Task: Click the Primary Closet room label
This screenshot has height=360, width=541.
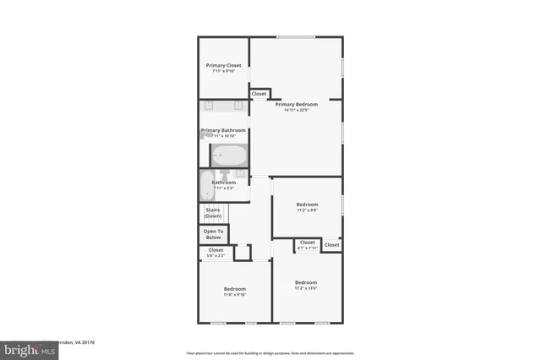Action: pyautogui.click(x=223, y=65)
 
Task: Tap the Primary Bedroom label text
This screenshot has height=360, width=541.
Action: pyautogui.click(x=296, y=104)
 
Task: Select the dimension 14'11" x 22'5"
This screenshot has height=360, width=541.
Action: pyautogui.click(x=296, y=110)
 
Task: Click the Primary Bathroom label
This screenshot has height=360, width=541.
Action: pyautogui.click(x=223, y=130)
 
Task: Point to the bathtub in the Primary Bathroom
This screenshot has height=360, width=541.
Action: pyautogui.click(x=228, y=155)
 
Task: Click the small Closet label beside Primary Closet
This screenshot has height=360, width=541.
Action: pyautogui.click(x=259, y=94)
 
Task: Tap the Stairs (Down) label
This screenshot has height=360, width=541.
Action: pyautogui.click(x=213, y=213)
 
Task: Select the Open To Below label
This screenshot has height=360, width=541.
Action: pyautogui.click(x=214, y=234)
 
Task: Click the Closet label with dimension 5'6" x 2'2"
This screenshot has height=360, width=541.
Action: pyautogui.click(x=216, y=250)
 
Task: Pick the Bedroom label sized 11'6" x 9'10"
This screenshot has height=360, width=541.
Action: pyautogui.click(x=234, y=289)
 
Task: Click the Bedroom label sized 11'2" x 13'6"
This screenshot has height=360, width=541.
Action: pyautogui.click(x=305, y=282)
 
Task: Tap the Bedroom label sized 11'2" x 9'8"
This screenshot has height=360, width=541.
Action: pyautogui.click(x=307, y=205)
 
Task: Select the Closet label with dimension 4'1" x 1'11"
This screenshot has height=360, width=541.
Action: pyautogui.click(x=307, y=243)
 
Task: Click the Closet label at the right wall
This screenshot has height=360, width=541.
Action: pyautogui.click(x=331, y=245)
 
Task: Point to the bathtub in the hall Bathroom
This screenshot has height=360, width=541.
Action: pyautogui.click(x=207, y=185)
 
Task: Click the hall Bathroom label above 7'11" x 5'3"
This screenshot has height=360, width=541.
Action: pyautogui.click(x=223, y=183)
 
